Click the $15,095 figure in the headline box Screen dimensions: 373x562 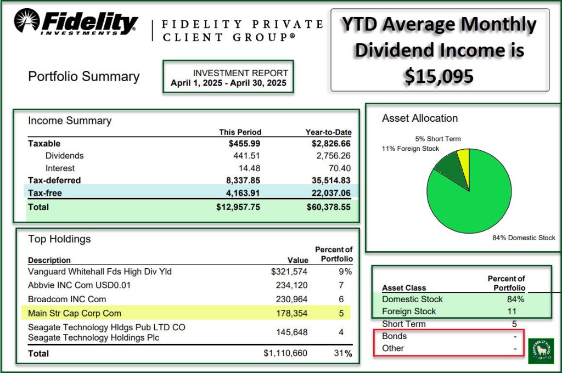click(439, 76)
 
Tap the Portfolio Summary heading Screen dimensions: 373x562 click(83, 77)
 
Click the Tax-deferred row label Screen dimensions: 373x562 click(54, 180)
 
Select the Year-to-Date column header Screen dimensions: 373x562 click(328, 132)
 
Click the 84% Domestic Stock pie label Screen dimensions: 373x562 click(524, 238)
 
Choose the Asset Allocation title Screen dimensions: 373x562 click(420, 118)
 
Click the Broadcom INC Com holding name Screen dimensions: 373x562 click(67, 299)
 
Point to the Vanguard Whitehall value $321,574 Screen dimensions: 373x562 click(289, 272)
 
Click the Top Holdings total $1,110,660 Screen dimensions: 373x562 click(285, 354)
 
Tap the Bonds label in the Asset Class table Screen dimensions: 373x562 click(395, 336)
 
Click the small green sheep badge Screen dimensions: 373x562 click(541, 351)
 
